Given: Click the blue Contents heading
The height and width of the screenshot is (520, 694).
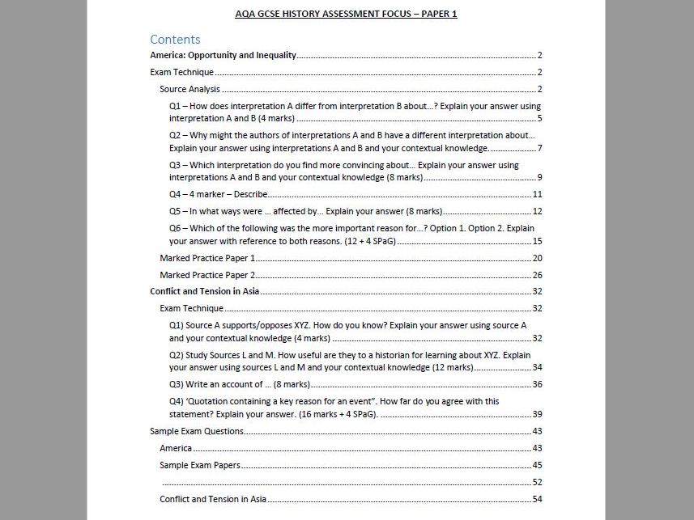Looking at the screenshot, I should (175, 39).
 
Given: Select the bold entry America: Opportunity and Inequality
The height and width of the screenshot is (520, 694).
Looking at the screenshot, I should (224, 56).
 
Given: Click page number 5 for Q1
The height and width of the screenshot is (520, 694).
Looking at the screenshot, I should (539, 119).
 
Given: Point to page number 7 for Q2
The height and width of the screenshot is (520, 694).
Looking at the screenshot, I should (539, 148).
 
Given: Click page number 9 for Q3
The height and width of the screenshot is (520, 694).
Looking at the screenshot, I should (539, 178).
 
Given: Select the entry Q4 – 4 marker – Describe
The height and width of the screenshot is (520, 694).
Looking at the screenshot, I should (218, 195).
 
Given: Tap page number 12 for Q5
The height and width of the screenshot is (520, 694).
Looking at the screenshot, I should (537, 212).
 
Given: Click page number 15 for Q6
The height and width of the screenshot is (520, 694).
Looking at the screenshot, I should (537, 241).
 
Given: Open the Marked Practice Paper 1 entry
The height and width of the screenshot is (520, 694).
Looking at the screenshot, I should (207, 258).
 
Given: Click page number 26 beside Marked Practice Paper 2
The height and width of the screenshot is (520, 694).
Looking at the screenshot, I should (537, 275).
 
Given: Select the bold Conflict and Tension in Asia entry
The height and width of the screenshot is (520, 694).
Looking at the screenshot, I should (205, 291).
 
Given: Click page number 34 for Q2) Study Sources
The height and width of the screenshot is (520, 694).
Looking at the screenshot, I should (537, 367).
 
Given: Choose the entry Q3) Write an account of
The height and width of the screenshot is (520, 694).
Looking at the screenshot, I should (240, 384).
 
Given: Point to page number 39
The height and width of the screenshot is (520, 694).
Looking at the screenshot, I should (537, 414).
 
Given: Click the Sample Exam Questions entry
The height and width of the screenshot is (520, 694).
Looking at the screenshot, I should (198, 431).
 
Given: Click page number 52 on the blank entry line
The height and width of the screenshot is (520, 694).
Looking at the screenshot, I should (537, 482).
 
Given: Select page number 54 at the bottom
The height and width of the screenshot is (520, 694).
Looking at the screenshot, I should (537, 499).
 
